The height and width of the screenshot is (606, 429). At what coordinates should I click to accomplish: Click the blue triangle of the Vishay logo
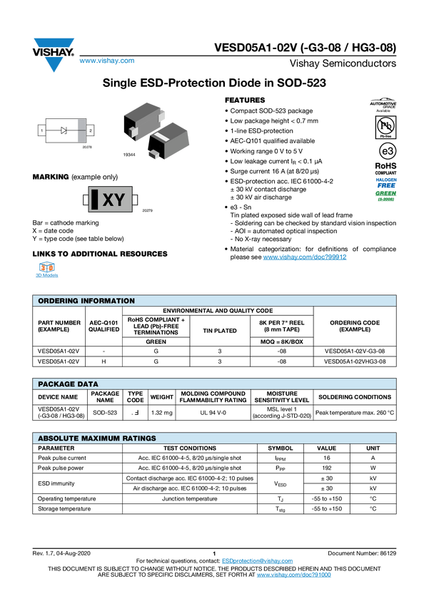[x=53, y=65]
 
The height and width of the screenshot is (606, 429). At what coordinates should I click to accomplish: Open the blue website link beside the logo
[x=106, y=61]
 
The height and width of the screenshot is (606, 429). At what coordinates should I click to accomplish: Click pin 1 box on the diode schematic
[x=41, y=130]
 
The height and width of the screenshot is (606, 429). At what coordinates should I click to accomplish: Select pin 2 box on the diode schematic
[x=90, y=130]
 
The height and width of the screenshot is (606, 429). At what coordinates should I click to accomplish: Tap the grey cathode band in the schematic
[x=81, y=130]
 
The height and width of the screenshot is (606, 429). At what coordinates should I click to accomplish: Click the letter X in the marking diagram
[x=108, y=200]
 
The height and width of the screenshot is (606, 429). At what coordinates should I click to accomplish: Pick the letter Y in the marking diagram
[x=118, y=200]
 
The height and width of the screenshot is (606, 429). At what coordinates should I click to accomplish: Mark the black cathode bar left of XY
[x=94, y=200]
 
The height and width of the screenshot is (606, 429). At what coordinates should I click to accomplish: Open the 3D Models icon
[x=47, y=272]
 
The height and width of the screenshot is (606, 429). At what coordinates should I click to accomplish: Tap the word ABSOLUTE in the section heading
[x=58, y=438]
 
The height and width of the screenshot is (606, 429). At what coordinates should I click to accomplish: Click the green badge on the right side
[x=386, y=195]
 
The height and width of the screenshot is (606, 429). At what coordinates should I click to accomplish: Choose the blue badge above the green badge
[x=386, y=181]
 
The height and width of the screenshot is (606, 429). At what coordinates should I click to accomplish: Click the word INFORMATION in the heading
[x=109, y=301]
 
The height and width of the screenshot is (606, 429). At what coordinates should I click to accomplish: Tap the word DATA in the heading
[x=89, y=384]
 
